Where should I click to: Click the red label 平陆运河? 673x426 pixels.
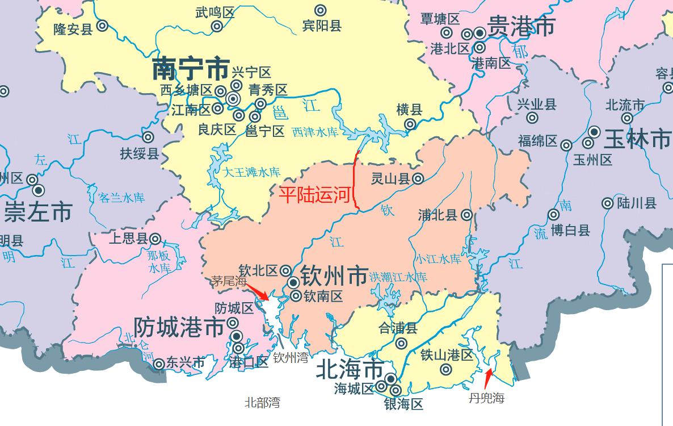[x=313, y=195]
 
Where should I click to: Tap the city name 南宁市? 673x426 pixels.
[x=191, y=69]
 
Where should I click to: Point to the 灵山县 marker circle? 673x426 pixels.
[x=418, y=178]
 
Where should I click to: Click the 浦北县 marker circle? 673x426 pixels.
[x=466, y=215]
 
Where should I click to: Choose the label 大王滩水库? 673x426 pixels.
[x=251, y=172]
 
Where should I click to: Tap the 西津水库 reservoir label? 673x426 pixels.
[x=315, y=132]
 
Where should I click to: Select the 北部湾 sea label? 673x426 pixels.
[x=262, y=403]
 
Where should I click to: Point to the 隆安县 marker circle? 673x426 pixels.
[x=103, y=26]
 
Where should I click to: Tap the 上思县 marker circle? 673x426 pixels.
[x=155, y=239]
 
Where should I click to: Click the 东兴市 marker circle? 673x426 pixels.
[x=159, y=363]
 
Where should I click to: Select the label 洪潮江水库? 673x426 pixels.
[x=398, y=277]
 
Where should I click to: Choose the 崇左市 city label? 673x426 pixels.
[x=38, y=212]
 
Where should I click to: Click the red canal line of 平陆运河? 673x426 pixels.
[x=355, y=182]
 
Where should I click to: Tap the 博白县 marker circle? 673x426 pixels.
[x=553, y=215]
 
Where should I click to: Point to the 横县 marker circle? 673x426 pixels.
[x=409, y=125]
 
